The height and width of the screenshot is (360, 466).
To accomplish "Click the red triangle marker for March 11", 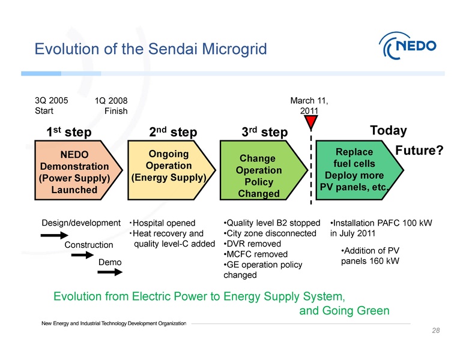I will pyautogui.click(x=311, y=122).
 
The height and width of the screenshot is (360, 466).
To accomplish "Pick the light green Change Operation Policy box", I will pyautogui.click(x=258, y=172).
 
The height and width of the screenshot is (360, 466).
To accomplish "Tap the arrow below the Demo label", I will pyautogui.click(x=110, y=272).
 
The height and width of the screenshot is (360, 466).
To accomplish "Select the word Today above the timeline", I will pyautogui.click(x=389, y=131).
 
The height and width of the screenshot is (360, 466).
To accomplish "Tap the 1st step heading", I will pyautogui.click(x=69, y=131).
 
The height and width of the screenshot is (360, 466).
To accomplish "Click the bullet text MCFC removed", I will pyautogui.click(x=250, y=254).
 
